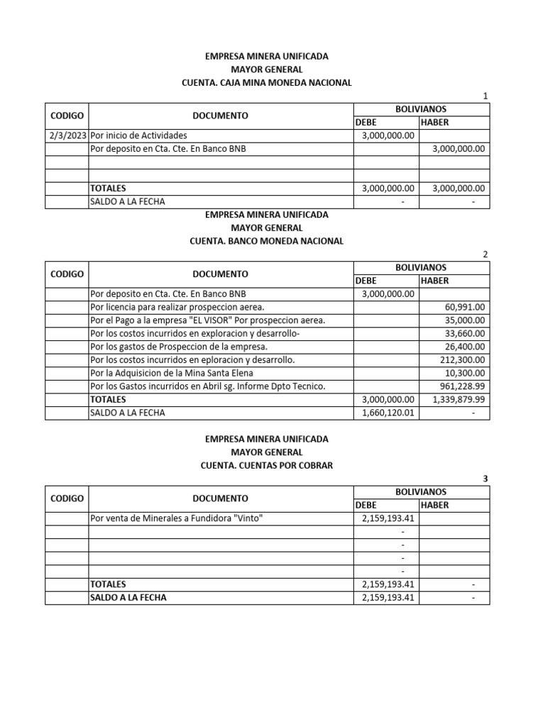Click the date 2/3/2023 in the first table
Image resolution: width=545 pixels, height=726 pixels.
click(67, 135)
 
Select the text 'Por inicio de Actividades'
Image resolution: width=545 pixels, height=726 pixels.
click(139, 135)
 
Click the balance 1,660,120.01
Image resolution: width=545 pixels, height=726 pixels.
click(387, 413)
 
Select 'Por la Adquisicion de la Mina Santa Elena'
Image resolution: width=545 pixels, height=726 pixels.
click(171, 373)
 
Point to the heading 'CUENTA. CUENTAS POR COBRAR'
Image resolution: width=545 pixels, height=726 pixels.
click(266, 465)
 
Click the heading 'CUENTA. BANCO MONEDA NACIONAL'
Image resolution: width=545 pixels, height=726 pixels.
click(266, 241)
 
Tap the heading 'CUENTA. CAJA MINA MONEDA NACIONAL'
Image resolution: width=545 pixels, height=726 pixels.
click(266, 83)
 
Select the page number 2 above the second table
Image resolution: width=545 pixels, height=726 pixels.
click(485, 255)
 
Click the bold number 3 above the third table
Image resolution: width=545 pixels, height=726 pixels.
click(485, 479)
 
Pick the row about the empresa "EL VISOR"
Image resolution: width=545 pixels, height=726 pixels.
click(208, 320)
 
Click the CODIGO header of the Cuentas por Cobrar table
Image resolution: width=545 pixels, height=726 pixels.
click(67, 498)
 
